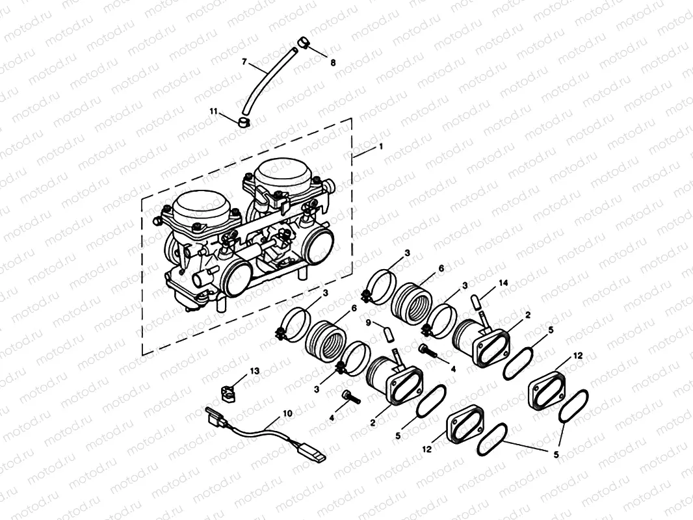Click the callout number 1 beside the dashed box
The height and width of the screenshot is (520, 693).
tap(381, 147)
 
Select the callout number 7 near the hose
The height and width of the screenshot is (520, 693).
tap(244, 62)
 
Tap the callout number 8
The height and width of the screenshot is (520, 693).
tap(333, 63)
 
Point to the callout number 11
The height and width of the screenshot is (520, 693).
tap(213, 111)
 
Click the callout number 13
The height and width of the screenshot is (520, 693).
tap(255, 370)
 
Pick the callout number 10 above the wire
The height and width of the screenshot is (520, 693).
tap(287, 413)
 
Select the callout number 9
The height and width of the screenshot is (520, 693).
tap(368, 322)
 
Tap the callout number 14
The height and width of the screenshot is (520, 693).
tap(502, 283)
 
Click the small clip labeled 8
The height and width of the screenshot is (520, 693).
tap(303, 44)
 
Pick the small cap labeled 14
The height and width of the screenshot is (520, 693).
tap(477, 302)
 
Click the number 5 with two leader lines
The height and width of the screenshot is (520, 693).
tap(556, 455)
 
